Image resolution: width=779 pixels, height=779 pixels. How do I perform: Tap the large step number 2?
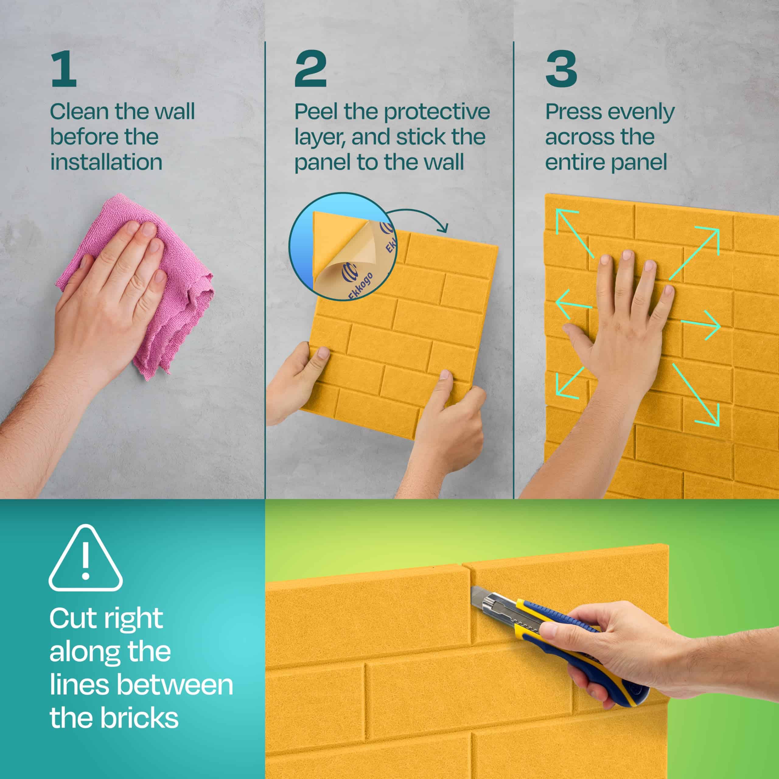click(x=310, y=69)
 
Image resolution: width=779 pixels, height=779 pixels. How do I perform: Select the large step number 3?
click(x=561, y=69)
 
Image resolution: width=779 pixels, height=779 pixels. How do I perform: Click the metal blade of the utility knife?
click(x=484, y=598)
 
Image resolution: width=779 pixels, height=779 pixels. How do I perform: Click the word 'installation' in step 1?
click(x=106, y=162)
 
